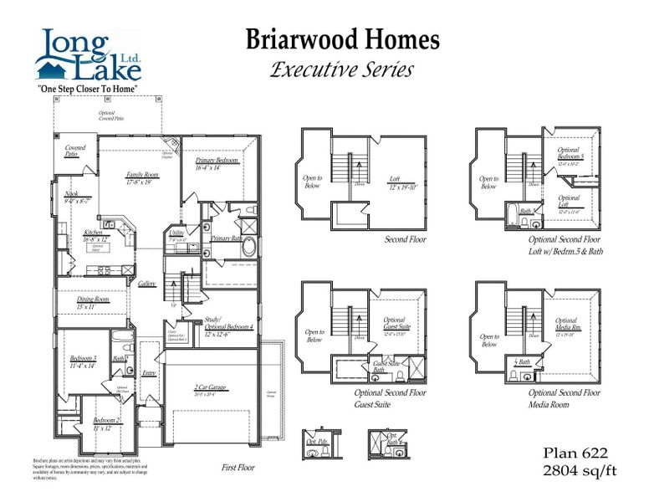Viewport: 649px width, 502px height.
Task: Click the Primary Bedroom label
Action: point(218,162)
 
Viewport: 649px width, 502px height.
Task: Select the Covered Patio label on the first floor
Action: point(75,151)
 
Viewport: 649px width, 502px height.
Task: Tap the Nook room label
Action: point(72,196)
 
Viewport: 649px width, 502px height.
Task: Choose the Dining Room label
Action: point(93,301)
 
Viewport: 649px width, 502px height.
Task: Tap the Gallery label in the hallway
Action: point(147,284)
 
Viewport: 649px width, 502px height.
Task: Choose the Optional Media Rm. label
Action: point(566,326)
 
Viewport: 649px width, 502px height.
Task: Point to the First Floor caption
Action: point(238,468)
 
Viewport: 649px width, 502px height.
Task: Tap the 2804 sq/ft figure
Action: point(576,470)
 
